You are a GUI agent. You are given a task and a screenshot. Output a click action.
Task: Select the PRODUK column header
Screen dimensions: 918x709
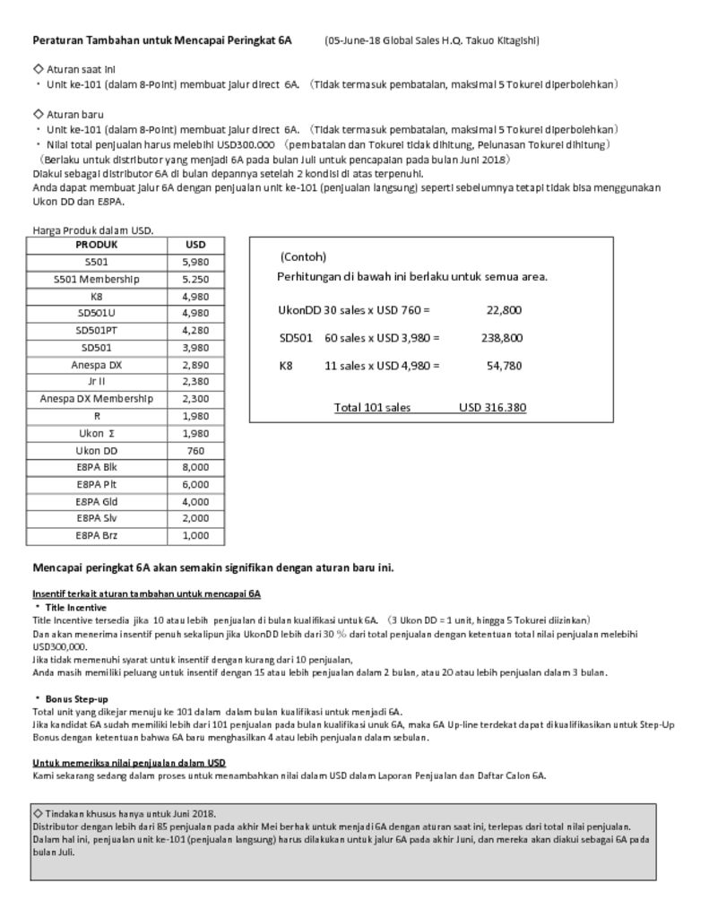[97, 245]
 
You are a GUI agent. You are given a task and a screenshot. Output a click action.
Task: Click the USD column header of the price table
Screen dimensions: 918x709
[195, 245]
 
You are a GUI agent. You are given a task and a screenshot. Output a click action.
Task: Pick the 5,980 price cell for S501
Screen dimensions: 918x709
[195, 262]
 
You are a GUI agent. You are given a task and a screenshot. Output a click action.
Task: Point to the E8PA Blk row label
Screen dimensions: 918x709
[97, 467]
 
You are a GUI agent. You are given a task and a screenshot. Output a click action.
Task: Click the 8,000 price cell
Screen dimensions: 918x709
[195, 467]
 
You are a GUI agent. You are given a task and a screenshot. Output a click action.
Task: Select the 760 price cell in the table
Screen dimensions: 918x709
[195, 450]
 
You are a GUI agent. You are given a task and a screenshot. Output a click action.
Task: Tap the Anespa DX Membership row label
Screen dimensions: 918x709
[97, 399]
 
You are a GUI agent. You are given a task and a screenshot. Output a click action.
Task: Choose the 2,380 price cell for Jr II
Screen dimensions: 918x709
[195, 382]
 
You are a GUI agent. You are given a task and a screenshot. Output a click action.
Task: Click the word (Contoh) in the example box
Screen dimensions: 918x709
[303, 256]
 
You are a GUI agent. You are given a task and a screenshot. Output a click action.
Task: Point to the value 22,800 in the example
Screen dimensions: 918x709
[504, 310]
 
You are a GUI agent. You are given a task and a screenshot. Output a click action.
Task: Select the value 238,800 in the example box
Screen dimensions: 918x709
[502, 338]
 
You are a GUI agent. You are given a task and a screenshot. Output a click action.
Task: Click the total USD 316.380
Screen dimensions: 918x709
[492, 408]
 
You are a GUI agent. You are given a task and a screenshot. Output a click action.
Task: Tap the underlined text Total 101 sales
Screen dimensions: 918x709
[372, 408]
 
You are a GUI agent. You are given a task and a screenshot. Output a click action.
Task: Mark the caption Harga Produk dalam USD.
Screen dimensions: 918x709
[93, 230]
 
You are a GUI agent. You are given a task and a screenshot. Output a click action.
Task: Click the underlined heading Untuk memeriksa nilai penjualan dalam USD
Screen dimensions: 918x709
[129, 763]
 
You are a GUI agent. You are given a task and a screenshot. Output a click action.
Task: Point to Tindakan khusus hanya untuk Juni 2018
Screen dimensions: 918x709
[130, 813]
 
